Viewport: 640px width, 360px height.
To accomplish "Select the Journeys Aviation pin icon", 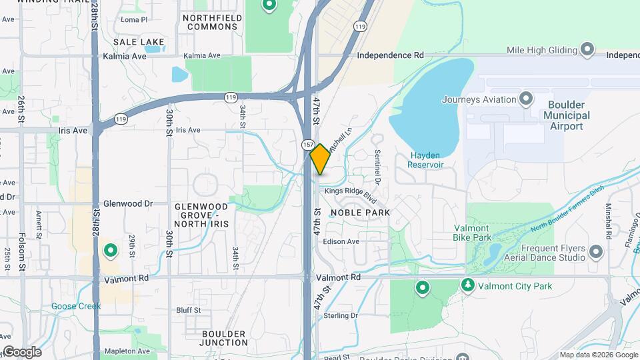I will [x=526, y=100].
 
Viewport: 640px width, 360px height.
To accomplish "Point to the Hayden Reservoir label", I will [x=427, y=160].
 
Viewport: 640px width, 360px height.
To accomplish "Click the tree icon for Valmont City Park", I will [x=468, y=286].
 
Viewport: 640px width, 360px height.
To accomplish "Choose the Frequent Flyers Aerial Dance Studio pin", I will [x=595, y=252].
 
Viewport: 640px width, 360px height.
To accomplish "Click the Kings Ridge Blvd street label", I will [x=351, y=195].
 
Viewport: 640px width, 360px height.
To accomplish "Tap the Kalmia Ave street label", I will [x=125, y=56].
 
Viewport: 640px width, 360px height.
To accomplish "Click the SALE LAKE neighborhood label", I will [x=139, y=42].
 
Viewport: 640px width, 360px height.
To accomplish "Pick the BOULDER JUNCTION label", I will [x=223, y=338].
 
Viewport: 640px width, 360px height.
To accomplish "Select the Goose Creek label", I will [x=76, y=307].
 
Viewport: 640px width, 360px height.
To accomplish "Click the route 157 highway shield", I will [x=307, y=145].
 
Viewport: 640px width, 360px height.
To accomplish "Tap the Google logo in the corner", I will [x=22, y=352].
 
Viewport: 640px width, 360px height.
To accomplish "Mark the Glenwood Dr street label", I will [x=128, y=203].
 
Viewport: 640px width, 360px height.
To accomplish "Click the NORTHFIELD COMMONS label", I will [x=210, y=22].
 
